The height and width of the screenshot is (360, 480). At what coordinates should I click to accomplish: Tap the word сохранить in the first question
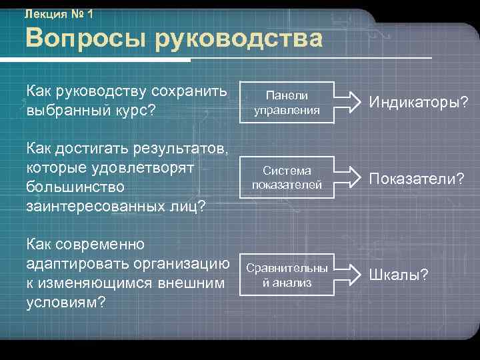click(x=189, y=90)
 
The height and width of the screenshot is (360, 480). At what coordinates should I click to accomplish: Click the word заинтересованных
click(x=93, y=205)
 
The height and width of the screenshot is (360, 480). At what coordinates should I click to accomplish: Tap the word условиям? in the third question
click(x=65, y=302)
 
